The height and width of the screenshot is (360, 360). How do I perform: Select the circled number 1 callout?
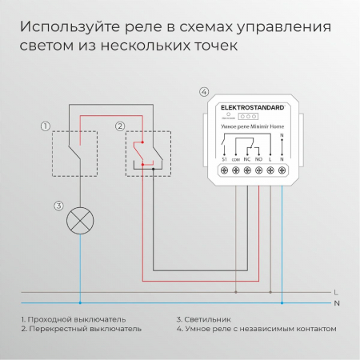tap(46, 126)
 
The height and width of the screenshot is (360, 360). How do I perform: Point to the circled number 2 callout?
tap(120, 126)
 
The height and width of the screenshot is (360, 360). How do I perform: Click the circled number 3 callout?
tap(58, 206)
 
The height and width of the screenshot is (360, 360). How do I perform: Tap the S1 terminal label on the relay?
tap(225, 161)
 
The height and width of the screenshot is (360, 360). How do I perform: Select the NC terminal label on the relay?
tap(248, 161)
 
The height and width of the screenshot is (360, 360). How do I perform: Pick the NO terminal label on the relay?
tap(259, 161)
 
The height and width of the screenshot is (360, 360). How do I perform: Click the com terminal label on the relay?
tap(236, 161)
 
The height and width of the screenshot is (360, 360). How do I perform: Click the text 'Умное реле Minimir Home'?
tap(251, 126)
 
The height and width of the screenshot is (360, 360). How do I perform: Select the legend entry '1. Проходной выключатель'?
tap(70, 319)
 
